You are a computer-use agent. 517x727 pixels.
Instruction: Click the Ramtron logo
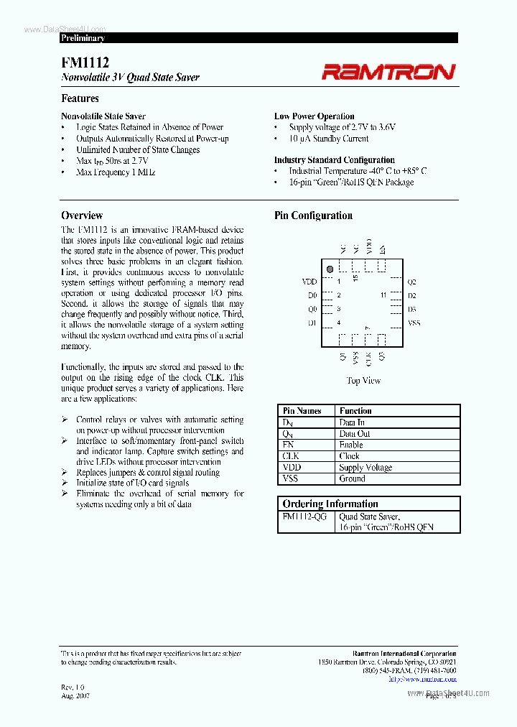388,71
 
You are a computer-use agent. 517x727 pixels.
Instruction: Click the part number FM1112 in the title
85,63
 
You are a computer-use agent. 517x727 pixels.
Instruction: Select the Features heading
80,98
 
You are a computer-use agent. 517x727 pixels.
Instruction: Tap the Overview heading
82,216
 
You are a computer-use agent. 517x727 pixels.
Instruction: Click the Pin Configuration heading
313,216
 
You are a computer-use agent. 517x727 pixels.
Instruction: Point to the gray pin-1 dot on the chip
330,269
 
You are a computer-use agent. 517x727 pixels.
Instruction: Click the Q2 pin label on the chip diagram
411,282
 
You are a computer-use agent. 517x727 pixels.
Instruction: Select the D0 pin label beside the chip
312,295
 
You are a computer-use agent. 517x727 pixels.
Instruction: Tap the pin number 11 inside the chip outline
383,295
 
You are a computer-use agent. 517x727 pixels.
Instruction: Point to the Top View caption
363,381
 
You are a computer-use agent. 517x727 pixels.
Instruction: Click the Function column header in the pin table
355,411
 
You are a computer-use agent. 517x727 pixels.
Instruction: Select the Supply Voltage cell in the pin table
365,468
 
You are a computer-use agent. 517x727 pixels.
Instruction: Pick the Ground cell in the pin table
352,478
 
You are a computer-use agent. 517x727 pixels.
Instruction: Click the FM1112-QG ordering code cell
304,517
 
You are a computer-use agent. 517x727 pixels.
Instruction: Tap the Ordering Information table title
330,504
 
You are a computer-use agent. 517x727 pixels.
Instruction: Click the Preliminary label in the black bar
83,38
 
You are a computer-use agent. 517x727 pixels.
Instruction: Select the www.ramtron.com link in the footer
432,678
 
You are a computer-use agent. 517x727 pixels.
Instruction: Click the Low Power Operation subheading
314,116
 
